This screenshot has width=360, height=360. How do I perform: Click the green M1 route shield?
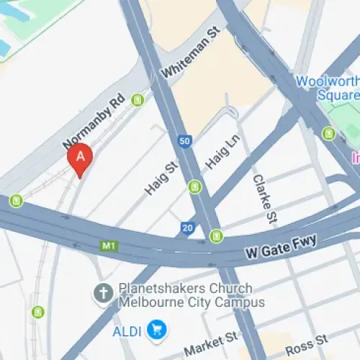109,246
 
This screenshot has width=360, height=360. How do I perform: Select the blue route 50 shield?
185,141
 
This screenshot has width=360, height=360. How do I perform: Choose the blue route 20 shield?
187,228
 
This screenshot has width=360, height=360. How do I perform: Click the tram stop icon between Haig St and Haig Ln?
194,187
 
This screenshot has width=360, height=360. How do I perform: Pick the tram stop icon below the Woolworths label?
329,133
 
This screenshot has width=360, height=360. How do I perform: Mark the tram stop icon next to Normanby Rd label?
138,99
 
